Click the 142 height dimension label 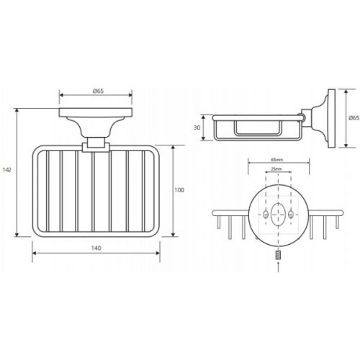tap(7, 170)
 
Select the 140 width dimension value tap(96, 248)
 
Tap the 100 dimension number tap(179, 190)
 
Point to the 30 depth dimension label tap(197, 127)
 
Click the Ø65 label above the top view tap(98, 91)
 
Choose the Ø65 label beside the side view tap(354, 118)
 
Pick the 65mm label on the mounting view tap(277, 159)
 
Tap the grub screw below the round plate tap(278, 255)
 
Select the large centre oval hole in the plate tap(278, 214)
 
